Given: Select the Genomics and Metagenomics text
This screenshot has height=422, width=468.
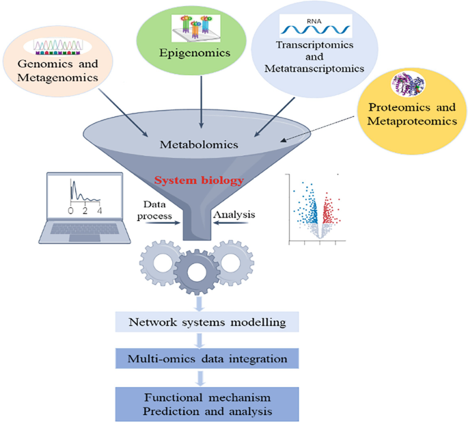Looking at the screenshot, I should pyautogui.click(x=59, y=71).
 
